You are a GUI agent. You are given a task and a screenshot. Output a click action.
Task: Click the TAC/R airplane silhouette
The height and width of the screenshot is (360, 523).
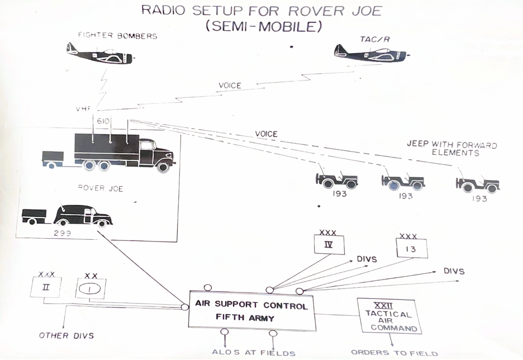[x=371, y=53]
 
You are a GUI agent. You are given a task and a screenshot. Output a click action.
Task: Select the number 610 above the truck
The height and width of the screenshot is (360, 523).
[x=103, y=121]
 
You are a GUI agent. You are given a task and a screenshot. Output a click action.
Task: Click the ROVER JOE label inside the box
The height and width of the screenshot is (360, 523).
[x=101, y=188]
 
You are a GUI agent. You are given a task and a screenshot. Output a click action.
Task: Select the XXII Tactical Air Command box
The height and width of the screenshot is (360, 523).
[x=389, y=316]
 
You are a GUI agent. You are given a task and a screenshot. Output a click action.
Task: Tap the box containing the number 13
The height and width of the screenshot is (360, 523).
[x=411, y=249]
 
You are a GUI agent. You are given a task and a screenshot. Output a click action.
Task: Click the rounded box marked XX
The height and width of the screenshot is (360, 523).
[x=91, y=288]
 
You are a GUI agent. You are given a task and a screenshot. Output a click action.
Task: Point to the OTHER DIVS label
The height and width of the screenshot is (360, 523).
[x=66, y=335]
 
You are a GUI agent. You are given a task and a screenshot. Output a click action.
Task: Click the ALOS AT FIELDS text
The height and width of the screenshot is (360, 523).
[x=253, y=352]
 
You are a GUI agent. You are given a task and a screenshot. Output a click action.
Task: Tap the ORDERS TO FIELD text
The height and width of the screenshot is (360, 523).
[x=394, y=353]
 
